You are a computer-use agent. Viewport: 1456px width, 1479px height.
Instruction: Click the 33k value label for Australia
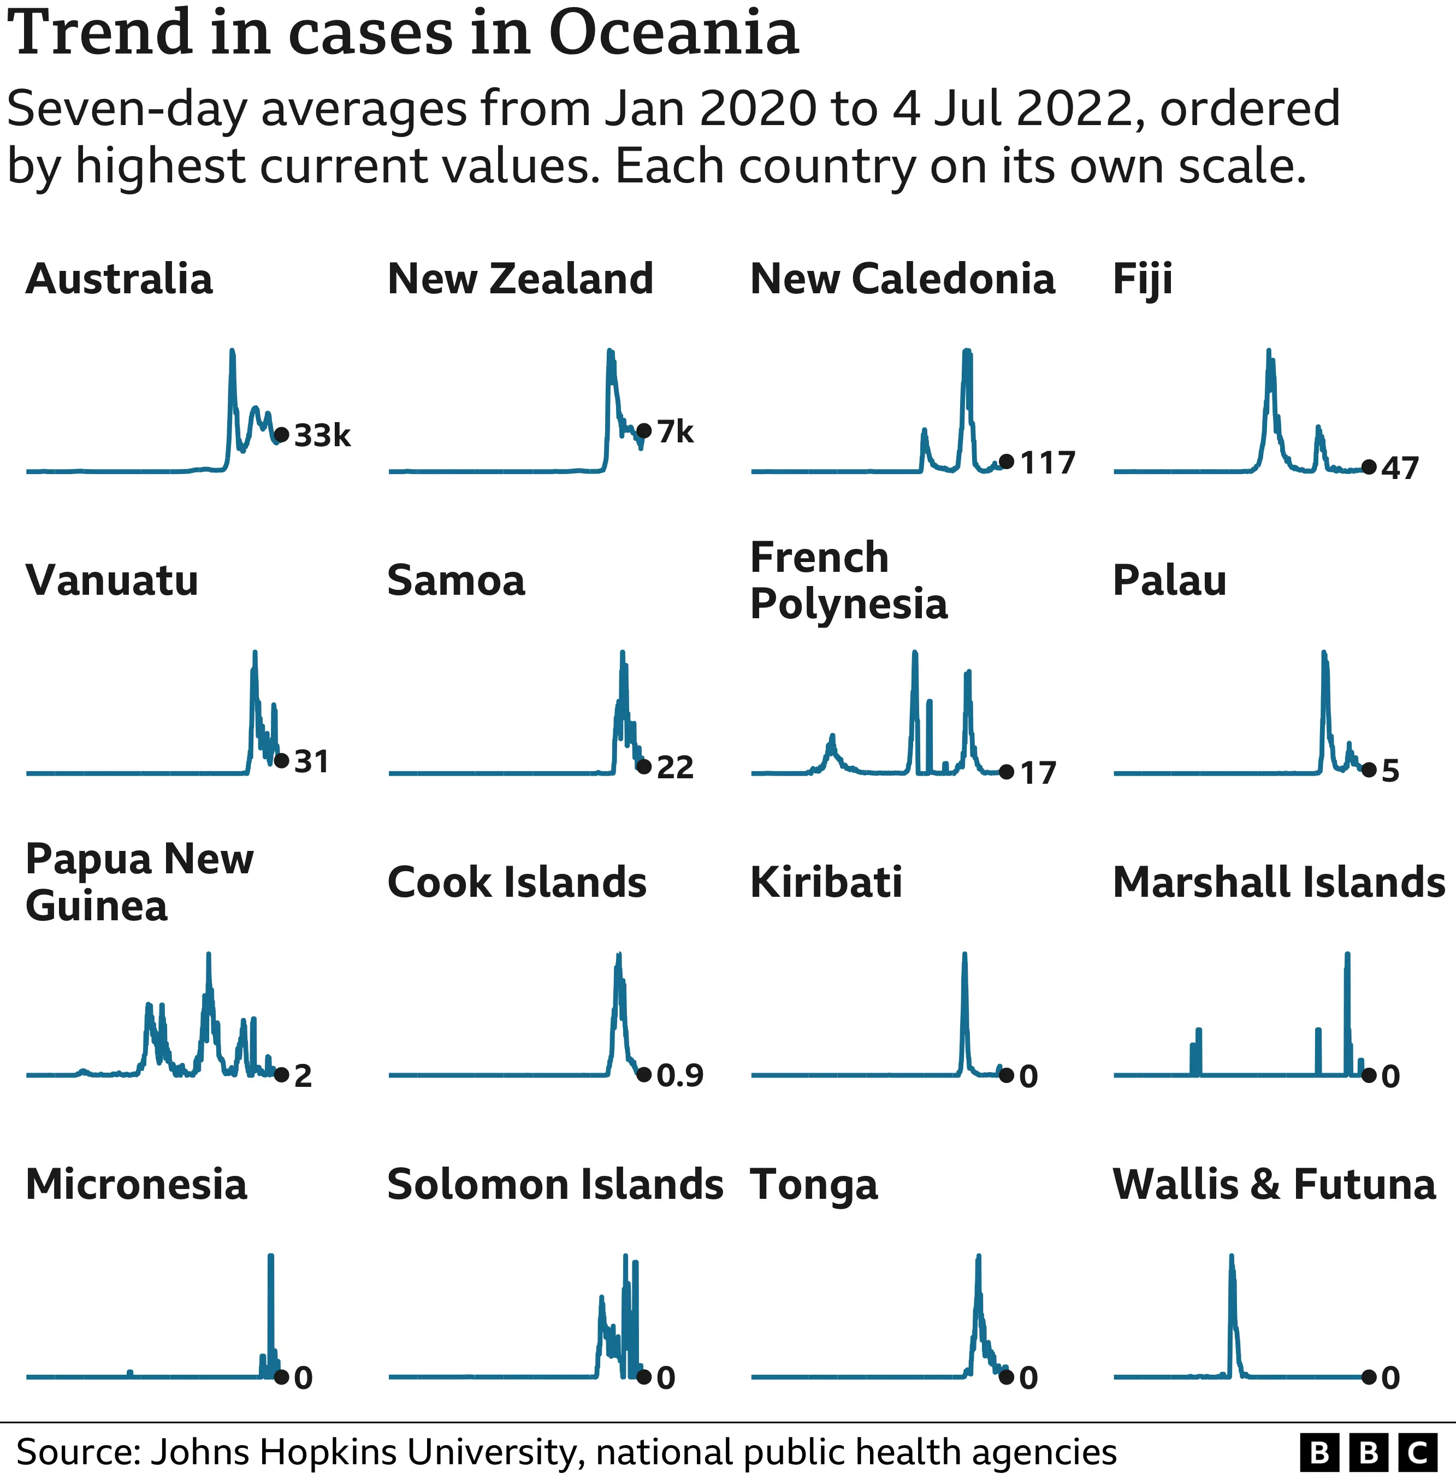click(x=322, y=435)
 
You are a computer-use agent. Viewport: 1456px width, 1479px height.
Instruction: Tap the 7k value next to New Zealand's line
click(x=675, y=432)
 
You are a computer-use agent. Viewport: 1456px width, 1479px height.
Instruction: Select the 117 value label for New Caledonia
click(x=1047, y=463)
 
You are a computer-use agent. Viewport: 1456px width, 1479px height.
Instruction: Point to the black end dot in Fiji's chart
click(x=1369, y=466)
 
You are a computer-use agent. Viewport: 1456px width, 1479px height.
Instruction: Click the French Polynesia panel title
click(x=848, y=581)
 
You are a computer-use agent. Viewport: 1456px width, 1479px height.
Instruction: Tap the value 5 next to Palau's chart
click(x=1390, y=771)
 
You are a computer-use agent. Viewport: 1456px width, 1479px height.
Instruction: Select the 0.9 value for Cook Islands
click(x=680, y=1075)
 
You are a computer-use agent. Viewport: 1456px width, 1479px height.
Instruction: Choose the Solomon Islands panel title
click(x=555, y=1185)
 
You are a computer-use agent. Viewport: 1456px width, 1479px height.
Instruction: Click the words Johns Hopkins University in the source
click(x=363, y=1452)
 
